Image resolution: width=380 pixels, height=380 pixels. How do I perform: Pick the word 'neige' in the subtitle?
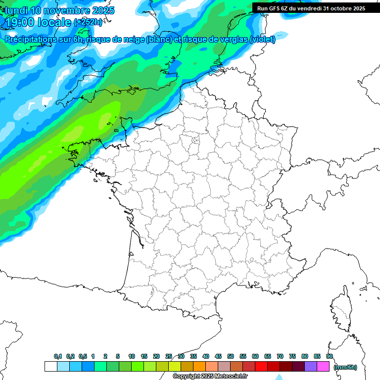133,40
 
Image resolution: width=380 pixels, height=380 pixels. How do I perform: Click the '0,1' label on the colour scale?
58,356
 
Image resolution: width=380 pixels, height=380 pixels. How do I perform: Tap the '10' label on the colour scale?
132,356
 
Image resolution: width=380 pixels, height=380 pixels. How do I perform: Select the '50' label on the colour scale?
231,356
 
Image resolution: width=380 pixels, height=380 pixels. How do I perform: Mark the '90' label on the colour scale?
330,356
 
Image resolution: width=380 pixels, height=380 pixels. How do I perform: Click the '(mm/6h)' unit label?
345,367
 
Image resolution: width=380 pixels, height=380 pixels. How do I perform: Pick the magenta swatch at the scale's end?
323,367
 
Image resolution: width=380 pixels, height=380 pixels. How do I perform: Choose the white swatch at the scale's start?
50,367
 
